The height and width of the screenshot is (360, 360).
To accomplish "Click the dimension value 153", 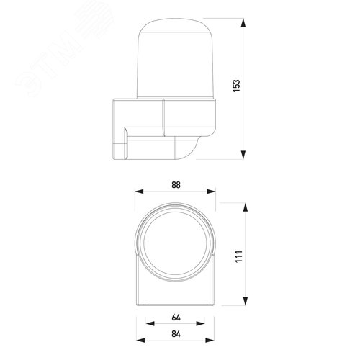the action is coord(236,86).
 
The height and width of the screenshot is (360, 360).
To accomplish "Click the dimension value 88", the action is coord(176,185).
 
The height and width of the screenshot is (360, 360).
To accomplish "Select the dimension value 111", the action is coord(239,256).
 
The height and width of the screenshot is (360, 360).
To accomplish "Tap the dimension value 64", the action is coord(176,318).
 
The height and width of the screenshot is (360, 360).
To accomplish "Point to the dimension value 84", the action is coord(176,334).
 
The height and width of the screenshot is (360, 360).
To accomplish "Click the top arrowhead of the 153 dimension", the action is coord(243,22).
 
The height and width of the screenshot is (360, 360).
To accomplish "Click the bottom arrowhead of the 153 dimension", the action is coord(243,155).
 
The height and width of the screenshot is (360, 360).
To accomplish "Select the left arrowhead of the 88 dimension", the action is coord(139,192).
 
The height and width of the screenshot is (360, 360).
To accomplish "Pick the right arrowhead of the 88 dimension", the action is coord(211,192).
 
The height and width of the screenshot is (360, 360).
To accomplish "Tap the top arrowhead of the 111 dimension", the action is coord(246,207).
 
